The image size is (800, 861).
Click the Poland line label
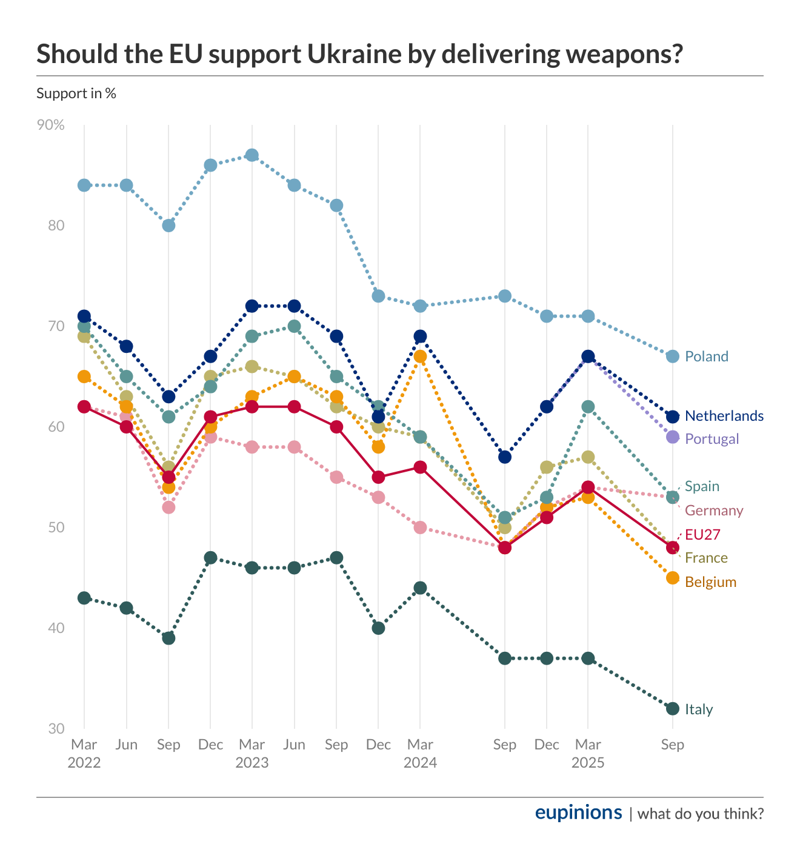coord(706,357)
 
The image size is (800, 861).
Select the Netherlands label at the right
coord(724,416)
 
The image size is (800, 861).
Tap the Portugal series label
coord(712,439)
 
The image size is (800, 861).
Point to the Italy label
coord(699,709)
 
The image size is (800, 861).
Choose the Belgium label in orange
coord(710,582)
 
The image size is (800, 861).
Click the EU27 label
coord(702,534)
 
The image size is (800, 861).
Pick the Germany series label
coord(714,511)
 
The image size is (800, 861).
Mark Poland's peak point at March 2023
coord(252,155)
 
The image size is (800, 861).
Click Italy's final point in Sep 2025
coord(672,709)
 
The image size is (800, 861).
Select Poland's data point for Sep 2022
coord(168,226)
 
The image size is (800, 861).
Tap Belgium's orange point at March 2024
coord(420,357)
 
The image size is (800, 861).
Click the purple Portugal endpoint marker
coord(672,437)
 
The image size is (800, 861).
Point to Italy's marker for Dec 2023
coord(378,628)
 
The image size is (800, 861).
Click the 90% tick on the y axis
coord(51,125)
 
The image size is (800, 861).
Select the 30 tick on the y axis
coord(56,728)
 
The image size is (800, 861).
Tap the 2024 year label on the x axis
coord(420,763)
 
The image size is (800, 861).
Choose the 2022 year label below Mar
coord(84,763)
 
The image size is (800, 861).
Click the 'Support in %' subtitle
coord(76,93)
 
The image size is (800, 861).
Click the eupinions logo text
coord(578,812)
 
